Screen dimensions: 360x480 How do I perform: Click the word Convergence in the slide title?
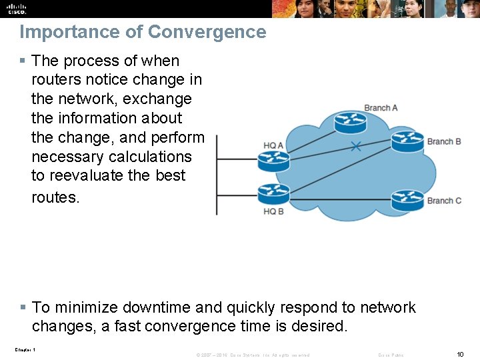point(207,32)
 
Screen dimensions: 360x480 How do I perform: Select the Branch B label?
point(444,141)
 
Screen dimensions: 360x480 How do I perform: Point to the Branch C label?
point(444,201)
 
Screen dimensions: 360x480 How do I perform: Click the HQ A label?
point(273,145)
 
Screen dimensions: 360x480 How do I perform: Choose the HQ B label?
point(273,211)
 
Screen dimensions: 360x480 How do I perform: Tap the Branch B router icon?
point(407,141)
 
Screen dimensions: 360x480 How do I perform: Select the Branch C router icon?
point(407,199)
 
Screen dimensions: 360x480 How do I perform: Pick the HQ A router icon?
point(273,161)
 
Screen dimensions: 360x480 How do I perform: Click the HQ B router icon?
point(273,194)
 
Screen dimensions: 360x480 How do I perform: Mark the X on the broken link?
point(356,146)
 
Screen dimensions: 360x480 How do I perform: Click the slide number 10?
point(460,354)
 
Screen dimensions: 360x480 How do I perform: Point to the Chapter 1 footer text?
point(25,350)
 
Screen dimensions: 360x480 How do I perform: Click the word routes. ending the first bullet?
point(55,197)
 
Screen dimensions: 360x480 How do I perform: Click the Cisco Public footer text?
point(391,355)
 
